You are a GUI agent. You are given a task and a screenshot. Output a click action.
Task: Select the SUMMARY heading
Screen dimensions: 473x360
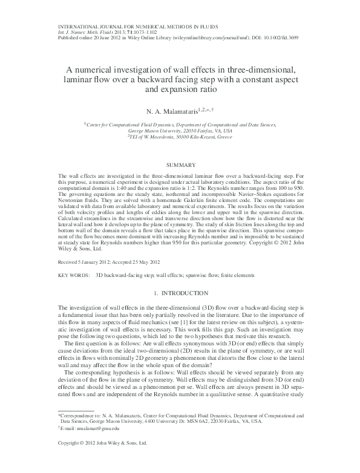click(180, 165)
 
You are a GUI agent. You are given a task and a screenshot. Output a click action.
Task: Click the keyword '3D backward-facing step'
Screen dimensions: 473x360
click(120, 275)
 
